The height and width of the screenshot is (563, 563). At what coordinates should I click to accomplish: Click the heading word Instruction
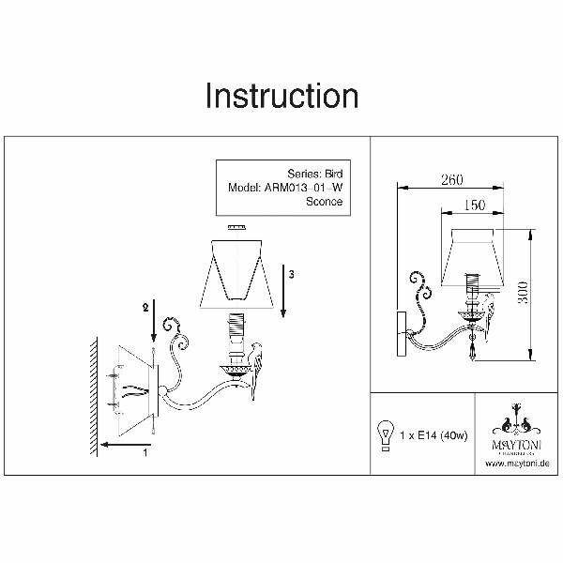click(x=281, y=97)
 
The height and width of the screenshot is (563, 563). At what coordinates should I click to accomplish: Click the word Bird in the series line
click(x=333, y=173)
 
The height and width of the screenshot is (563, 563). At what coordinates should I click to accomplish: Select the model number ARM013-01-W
click(x=301, y=187)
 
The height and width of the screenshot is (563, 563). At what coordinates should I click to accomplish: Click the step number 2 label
click(x=145, y=307)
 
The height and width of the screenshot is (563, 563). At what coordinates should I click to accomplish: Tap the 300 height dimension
click(x=539, y=294)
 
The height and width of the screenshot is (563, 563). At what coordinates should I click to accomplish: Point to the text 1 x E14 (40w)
click(x=434, y=434)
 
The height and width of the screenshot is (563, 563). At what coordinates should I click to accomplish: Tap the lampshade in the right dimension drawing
click(x=476, y=254)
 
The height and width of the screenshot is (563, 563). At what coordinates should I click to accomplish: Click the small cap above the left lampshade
click(x=235, y=227)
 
